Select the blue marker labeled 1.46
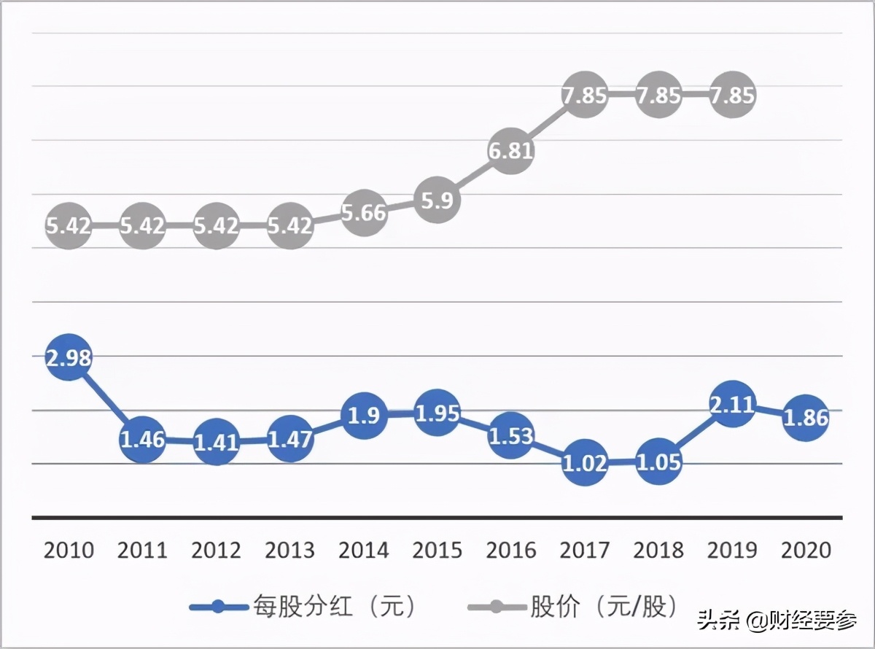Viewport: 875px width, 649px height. tap(142, 439)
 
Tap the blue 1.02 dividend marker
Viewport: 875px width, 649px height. tap(586, 463)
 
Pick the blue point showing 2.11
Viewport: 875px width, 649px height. tap(732, 403)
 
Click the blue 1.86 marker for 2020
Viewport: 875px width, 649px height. tap(806, 418)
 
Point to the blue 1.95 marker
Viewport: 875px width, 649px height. tap(437, 413)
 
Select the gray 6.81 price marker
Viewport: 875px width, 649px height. tap(511, 151)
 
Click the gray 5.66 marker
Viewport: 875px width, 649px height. tap(364, 213)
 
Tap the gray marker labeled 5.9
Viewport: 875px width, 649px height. tap(437, 201)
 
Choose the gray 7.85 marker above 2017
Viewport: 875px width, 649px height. tap(586, 96)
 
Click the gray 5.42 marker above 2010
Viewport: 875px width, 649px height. tap(69, 225)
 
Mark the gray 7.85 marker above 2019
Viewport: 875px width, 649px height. tap(732, 96)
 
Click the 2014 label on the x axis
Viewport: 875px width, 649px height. tap(364, 550)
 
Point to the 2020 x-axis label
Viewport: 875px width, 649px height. tap(806, 550)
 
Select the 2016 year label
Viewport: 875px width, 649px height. tap(511, 550)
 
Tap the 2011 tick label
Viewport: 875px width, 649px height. tap(142, 550)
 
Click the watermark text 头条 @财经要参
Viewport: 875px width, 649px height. tap(777, 621)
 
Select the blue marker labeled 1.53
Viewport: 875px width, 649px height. tap(511, 436)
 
